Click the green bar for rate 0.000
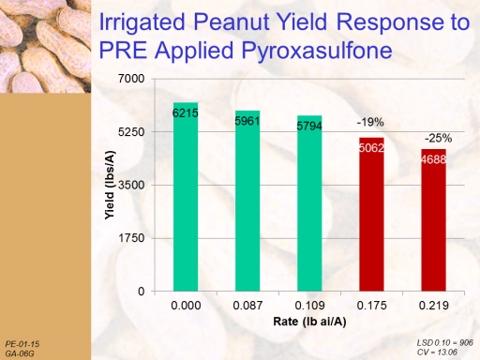(186, 197)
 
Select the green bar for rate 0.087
(247, 201)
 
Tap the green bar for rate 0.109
(309, 203)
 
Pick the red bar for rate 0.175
(371, 215)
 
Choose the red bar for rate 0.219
(433, 220)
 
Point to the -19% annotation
(370, 122)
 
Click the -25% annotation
(438, 138)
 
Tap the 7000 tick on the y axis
(131, 79)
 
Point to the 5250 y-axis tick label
(131, 132)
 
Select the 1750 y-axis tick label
(131, 238)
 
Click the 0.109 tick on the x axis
(309, 306)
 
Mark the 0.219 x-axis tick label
(434, 306)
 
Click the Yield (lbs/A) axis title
(110, 185)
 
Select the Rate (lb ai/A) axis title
(309, 322)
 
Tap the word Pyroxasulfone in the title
(317, 51)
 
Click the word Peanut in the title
(232, 22)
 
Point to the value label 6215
(186, 113)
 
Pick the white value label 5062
(371, 148)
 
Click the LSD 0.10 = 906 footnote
(445, 343)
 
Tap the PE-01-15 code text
(22, 344)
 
